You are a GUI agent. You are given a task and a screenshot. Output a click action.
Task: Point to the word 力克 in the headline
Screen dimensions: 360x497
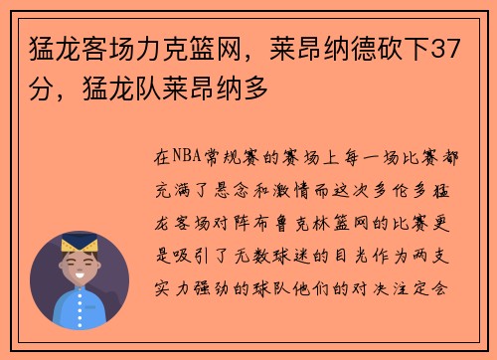(x=175, y=48)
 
